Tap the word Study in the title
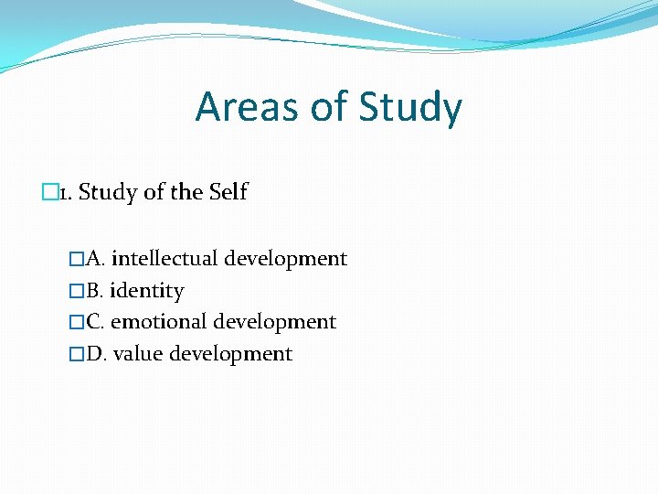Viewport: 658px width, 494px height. tap(410, 107)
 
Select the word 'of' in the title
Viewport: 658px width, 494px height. tap(328, 107)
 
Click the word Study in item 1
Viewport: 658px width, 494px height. tap(109, 193)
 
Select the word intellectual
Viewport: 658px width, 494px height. tap(164, 259)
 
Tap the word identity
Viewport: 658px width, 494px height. tap(147, 291)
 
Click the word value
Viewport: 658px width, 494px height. tap(138, 354)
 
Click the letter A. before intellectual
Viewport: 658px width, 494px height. tap(95, 259)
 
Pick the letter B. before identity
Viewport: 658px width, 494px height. tap(95, 291)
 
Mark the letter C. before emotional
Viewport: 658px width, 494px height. tap(95, 322)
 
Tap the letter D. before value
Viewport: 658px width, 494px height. tap(96, 354)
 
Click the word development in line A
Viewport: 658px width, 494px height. tap(286, 259)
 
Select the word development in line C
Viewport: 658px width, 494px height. tap(275, 322)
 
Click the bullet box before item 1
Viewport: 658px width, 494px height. tap(49, 193)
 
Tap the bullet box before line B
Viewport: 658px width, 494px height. tap(77, 291)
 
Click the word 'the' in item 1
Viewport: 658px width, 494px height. tap(186, 193)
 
